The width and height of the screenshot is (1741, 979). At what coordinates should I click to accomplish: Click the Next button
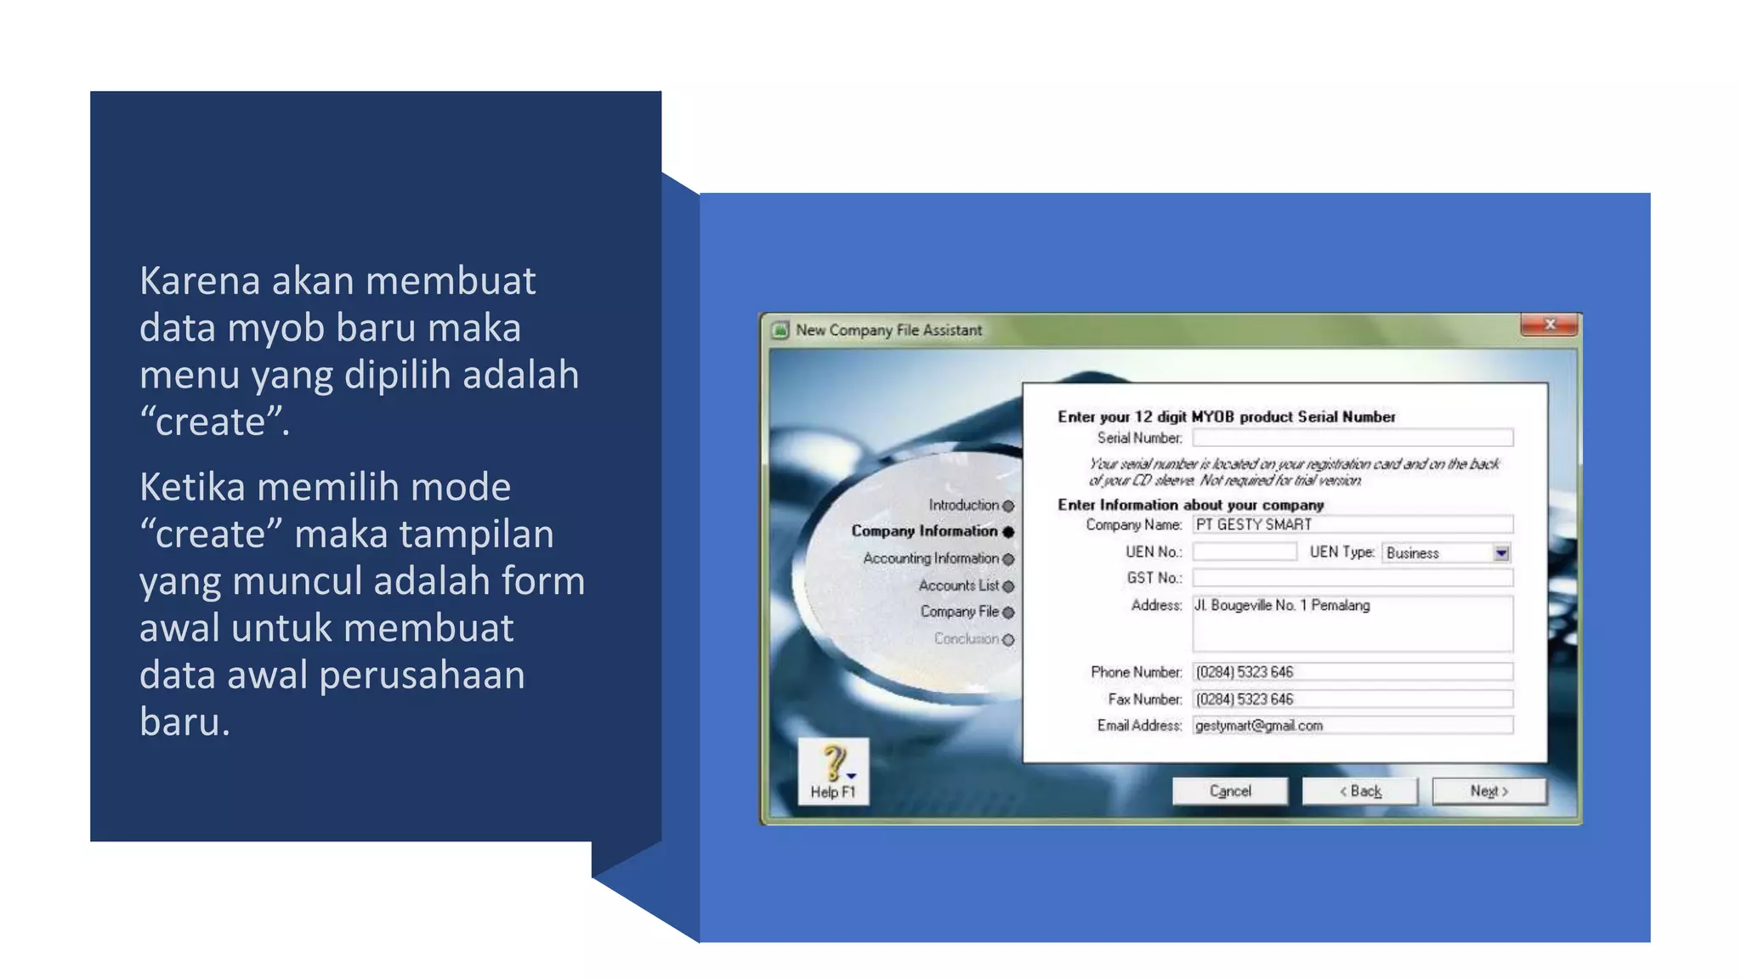click(x=1489, y=791)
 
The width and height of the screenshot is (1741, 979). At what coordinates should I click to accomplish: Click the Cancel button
click(x=1229, y=791)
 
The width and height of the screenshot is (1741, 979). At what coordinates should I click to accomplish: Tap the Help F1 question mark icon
click(x=834, y=763)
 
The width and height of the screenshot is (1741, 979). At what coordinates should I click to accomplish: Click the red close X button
click(x=1550, y=325)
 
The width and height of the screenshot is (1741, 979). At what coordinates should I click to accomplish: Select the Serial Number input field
click(x=1352, y=438)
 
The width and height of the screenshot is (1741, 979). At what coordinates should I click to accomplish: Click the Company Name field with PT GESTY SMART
click(x=1352, y=525)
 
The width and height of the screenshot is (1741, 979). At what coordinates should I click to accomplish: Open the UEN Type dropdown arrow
click(x=1501, y=553)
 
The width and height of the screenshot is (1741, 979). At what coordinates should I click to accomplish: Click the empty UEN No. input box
click(x=1245, y=552)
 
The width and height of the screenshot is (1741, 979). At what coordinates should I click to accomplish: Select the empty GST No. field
click(x=1352, y=579)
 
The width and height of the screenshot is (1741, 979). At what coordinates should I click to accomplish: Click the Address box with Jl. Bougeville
click(x=1352, y=624)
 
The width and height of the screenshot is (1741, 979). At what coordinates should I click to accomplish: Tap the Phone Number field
click(x=1352, y=672)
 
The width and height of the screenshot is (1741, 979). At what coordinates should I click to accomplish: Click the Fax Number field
click(x=1352, y=699)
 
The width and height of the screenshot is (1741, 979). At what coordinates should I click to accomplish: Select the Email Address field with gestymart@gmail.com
click(x=1352, y=726)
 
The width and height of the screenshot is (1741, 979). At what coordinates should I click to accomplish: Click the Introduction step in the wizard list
click(x=963, y=506)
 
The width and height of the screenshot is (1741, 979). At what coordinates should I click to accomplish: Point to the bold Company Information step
click(x=924, y=531)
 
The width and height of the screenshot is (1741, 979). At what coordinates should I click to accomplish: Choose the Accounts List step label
click(x=958, y=586)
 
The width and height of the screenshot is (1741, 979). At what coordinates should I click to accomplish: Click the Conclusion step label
click(x=966, y=639)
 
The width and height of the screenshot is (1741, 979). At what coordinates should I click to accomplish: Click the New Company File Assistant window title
click(x=888, y=331)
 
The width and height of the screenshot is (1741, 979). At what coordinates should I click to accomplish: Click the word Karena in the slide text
click(x=200, y=281)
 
